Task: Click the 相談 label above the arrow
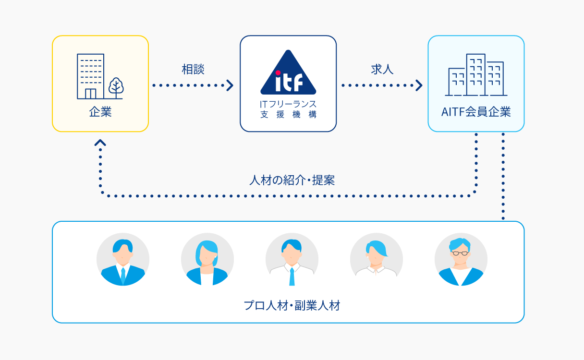[193, 70]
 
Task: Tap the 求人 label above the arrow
[382, 70]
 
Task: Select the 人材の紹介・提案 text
[292, 180]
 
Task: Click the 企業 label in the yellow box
[100, 112]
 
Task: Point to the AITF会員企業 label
[476, 112]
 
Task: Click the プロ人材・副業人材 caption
[292, 306]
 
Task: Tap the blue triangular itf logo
[288, 73]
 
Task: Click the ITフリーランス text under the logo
[288, 104]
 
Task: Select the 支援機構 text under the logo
[288, 114]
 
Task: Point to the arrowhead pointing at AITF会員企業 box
[419, 85]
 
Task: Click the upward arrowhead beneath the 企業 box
[100, 143]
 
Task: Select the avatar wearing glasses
[461, 260]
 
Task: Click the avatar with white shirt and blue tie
[292, 260]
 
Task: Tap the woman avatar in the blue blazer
[207, 260]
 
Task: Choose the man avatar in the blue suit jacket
[123, 260]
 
